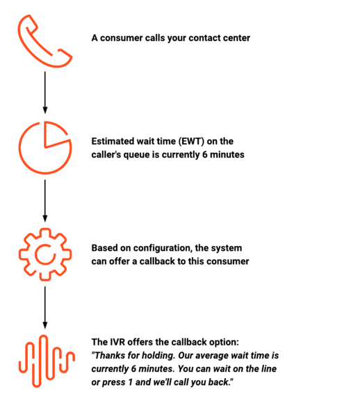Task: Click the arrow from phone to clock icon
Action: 45,92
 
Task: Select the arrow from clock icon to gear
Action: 45,201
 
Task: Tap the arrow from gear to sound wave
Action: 45,308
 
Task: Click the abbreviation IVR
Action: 117,342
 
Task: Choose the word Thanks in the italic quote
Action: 109,356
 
